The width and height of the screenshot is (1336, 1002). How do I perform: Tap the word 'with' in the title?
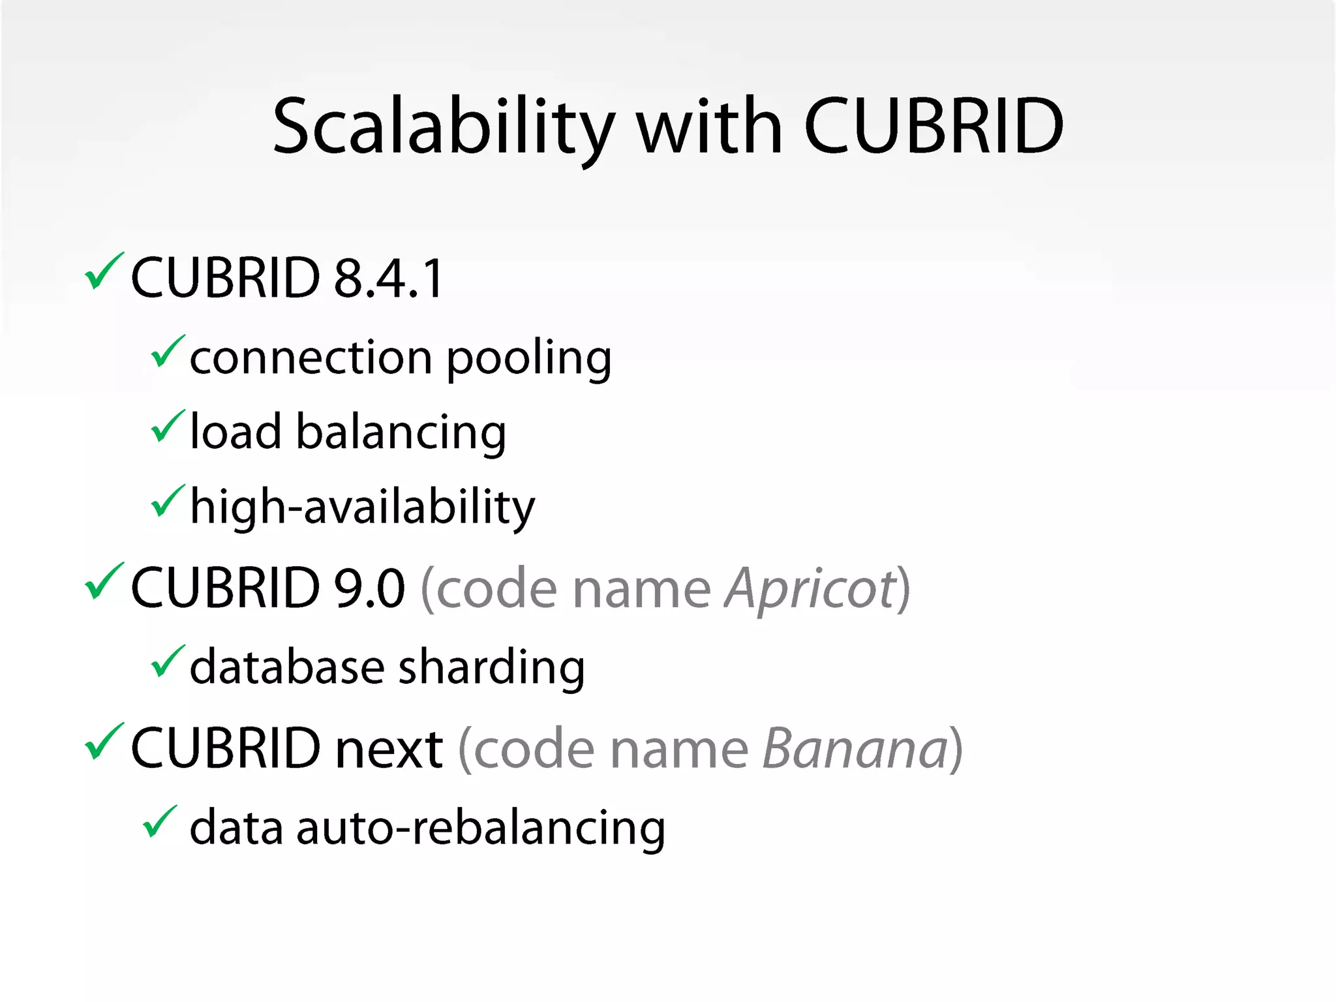(x=709, y=127)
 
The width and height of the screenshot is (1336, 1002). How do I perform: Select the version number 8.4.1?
(x=389, y=279)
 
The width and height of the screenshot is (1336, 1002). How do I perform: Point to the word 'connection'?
(x=311, y=359)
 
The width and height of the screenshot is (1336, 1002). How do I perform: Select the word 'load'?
(x=235, y=433)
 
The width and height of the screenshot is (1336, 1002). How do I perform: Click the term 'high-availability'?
(x=362, y=508)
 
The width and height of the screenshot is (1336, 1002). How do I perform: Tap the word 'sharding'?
(x=491, y=668)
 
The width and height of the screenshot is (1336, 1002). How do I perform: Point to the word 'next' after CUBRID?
(x=389, y=748)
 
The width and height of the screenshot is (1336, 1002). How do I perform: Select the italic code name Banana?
(x=855, y=748)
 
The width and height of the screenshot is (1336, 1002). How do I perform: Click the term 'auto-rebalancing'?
(x=481, y=828)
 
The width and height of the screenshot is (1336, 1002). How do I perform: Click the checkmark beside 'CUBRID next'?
(x=103, y=742)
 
